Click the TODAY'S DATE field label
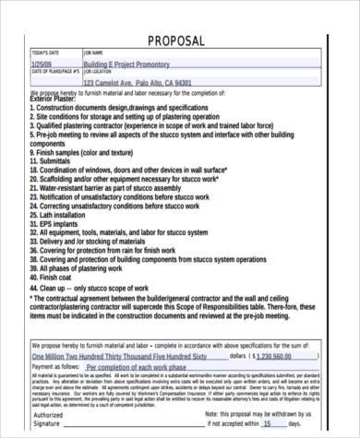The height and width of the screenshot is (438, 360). click(x=44, y=53)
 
